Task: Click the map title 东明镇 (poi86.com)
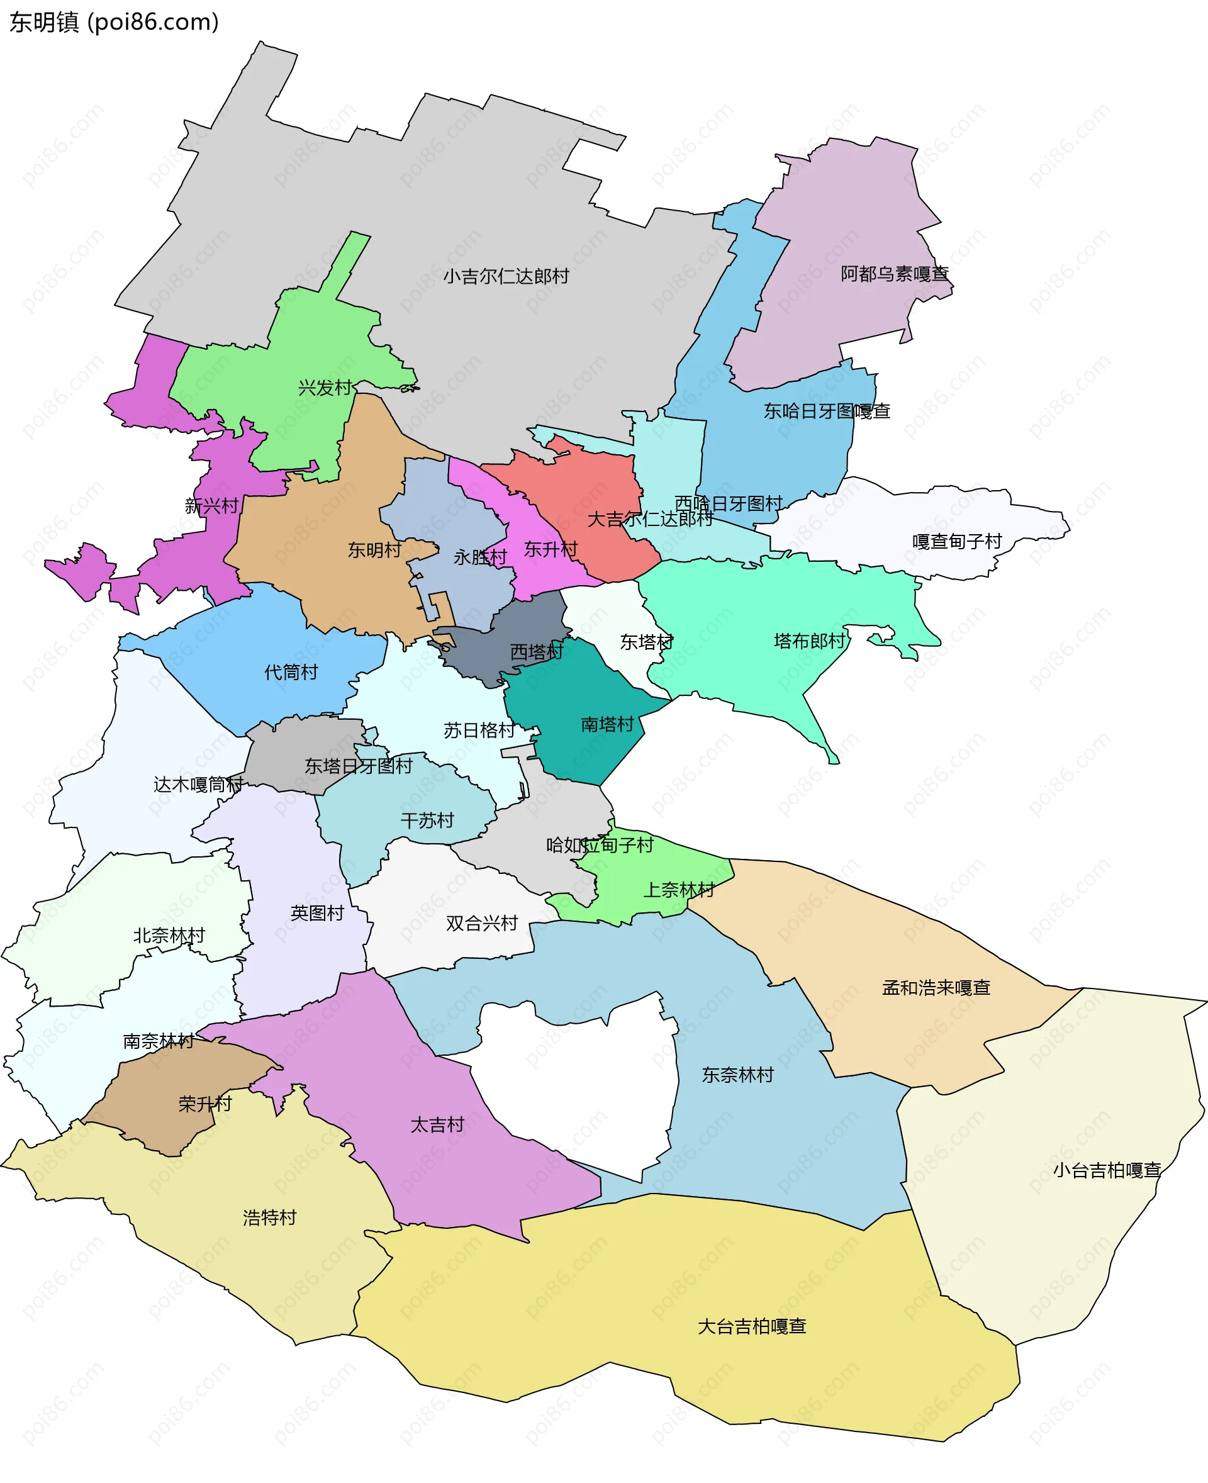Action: [114, 22]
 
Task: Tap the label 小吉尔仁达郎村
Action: [506, 276]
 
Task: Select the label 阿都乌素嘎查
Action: [894, 274]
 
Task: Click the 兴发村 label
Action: [325, 388]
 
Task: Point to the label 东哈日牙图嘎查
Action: [827, 411]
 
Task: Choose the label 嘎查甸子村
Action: [957, 542]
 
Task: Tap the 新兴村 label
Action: [211, 506]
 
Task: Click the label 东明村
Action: [375, 550]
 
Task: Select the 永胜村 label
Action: [480, 557]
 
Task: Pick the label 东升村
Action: [551, 549]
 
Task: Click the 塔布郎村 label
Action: [810, 641]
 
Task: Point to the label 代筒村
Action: [291, 672]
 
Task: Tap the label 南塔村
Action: [608, 724]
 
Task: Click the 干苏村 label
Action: [427, 820]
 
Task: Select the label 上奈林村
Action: [679, 890]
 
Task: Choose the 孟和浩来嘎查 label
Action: [936, 987]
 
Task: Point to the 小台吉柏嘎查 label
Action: [1107, 1170]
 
